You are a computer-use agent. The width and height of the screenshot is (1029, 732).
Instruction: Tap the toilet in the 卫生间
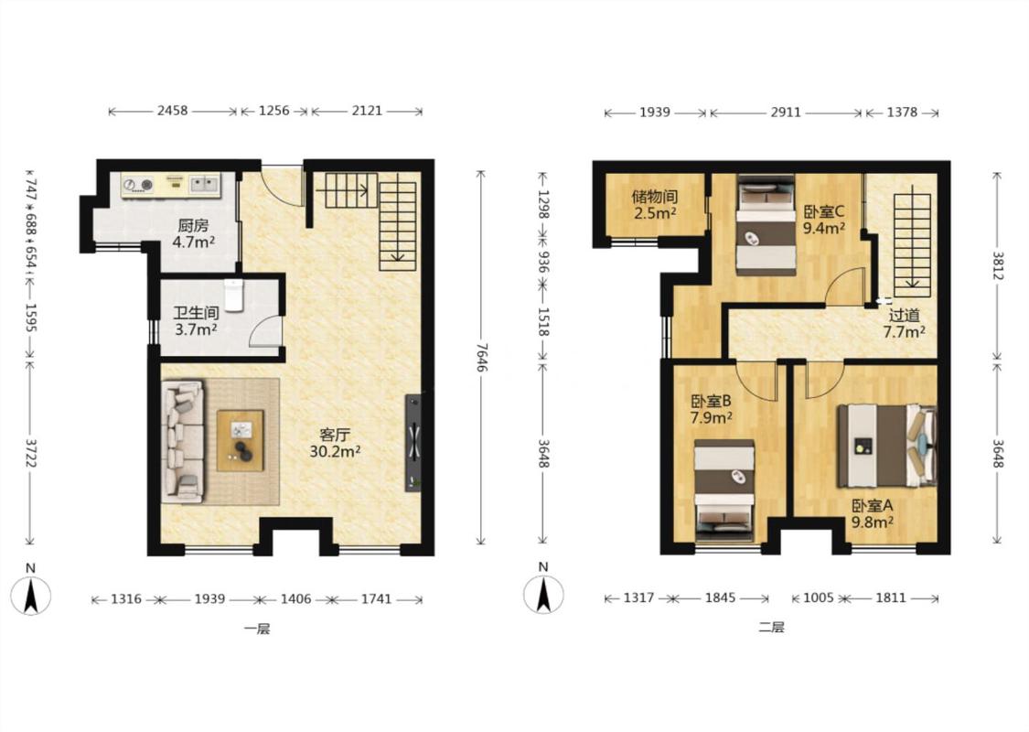coord(234,296)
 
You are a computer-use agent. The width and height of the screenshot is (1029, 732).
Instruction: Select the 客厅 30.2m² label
coord(335,443)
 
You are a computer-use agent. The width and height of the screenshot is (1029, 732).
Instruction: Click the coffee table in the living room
coord(241,440)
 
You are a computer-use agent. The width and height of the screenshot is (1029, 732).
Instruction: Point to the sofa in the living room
coord(183,441)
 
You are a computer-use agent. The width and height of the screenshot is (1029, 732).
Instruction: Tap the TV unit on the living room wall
coord(414,442)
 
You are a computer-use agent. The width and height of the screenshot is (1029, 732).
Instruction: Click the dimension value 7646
coord(482,358)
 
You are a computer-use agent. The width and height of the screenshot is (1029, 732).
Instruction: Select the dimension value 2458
coord(173,111)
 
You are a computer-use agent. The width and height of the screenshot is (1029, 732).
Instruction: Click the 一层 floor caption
coord(257,629)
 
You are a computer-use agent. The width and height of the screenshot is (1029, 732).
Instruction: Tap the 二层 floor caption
coord(772,627)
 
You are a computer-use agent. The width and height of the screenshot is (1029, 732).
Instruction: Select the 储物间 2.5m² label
coord(655,204)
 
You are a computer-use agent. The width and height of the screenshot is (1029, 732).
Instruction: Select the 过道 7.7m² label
coord(905,324)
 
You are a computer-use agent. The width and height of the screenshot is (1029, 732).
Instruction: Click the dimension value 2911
coord(786,113)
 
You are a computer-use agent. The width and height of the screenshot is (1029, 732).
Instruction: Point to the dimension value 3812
coord(998,266)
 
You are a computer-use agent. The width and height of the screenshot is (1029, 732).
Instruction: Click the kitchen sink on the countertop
coord(204,185)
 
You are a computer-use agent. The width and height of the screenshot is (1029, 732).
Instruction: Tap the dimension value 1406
coord(296,598)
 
